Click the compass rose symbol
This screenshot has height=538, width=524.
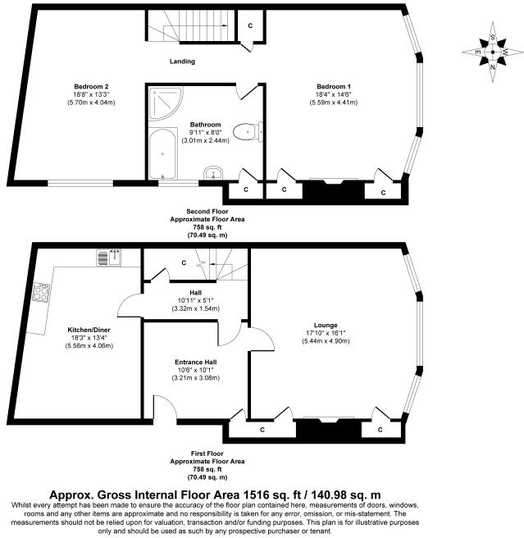[x=492, y=52]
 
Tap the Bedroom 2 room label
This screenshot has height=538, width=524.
[x=92, y=86]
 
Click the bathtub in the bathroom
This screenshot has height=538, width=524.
[x=164, y=153]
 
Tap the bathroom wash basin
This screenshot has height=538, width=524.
[x=213, y=173]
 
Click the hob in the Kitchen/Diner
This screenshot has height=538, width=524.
[x=43, y=292]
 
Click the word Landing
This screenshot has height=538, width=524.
[x=182, y=62]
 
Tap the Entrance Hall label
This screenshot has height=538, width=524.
[x=194, y=361]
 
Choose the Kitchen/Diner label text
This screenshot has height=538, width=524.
[x=89, y=330]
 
